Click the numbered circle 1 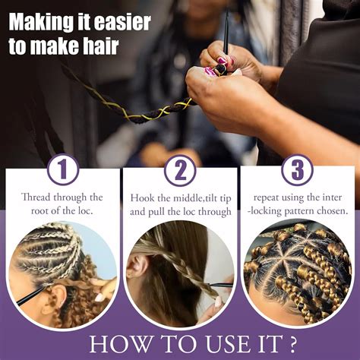tap(62, 169)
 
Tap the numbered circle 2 tap(180, 169)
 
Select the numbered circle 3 tap(297, 169)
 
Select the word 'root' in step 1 tap(36, 212)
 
